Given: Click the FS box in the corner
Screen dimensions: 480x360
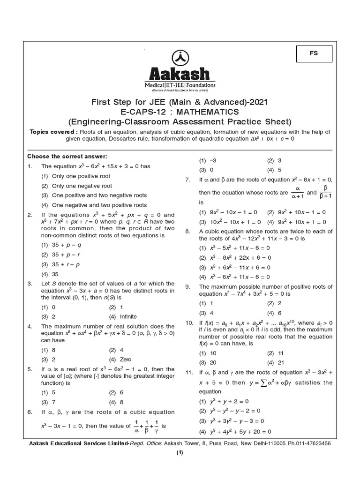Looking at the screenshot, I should coord(314,53).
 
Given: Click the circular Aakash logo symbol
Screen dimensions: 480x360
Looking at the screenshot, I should coord(180,57).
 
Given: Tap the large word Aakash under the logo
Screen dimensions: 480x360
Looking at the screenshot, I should coord(180,74).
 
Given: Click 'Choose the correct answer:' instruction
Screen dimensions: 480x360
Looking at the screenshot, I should coord(67,156).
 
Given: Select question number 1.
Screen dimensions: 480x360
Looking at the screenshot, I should coord(30,166).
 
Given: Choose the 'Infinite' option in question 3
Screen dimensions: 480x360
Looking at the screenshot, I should coord(128,316).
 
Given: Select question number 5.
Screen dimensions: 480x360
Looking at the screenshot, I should coord(30,369).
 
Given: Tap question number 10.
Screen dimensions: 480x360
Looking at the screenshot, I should coord(189,322).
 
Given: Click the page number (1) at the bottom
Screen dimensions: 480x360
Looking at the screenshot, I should coord(180,452).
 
